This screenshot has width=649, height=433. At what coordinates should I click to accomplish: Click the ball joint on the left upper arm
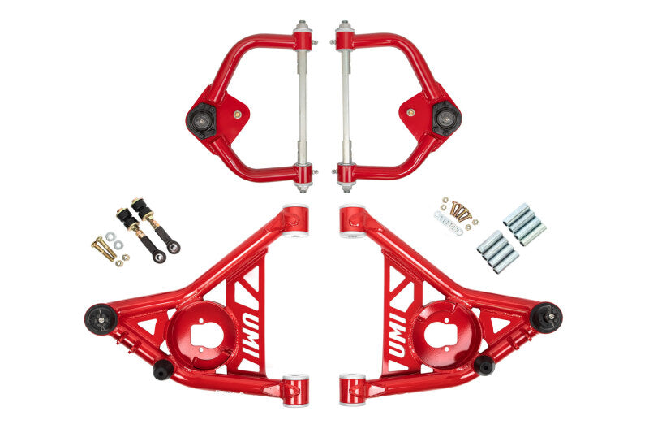200,121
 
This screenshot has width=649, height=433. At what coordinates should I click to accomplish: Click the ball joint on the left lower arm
101,318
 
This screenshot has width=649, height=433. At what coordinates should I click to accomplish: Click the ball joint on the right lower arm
547,317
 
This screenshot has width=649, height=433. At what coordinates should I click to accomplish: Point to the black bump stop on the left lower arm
163,369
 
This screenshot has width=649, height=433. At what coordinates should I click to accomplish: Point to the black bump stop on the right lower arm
484,366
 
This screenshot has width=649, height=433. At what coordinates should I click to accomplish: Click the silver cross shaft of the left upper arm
303,105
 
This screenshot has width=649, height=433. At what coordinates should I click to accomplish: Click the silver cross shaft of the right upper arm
344,105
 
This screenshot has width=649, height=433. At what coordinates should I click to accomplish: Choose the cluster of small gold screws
462,211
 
